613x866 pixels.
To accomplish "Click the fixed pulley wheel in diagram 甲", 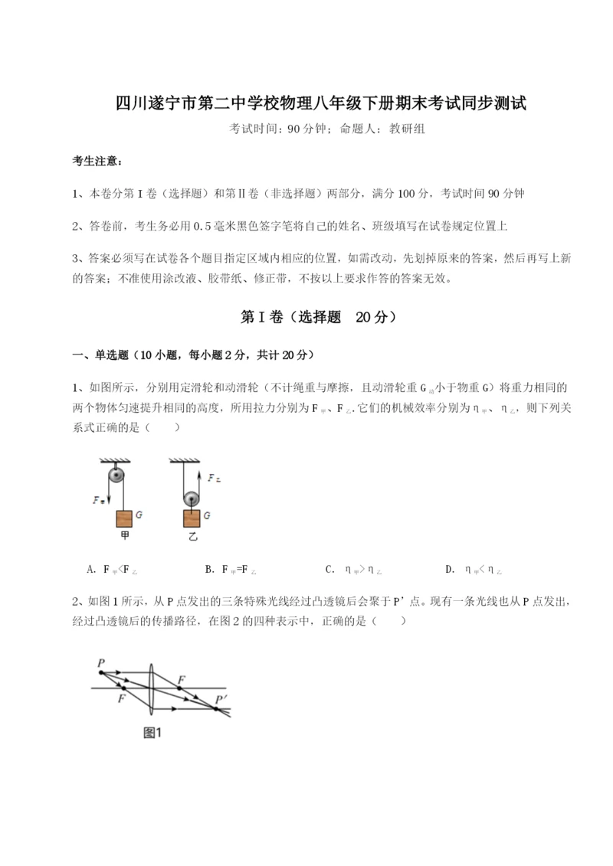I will (116, 475).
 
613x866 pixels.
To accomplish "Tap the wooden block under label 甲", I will (124, 518).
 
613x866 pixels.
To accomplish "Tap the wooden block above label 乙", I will (192, 518).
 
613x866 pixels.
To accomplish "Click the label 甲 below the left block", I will (124, 537).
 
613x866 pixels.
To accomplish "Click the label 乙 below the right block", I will (192, 537).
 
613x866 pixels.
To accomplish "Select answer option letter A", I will (92, 570).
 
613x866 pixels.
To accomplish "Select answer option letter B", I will (209, 570).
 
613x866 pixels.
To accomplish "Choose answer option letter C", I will (329, 570).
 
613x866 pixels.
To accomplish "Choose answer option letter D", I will (449, 570).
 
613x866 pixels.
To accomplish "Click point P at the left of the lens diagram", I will (100, 672).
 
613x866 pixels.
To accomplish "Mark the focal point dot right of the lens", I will (181, 688).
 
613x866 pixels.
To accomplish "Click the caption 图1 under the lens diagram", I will (152, 733).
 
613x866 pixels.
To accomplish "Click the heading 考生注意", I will (97, 162).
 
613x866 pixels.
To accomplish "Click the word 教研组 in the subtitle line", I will (407, 129).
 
